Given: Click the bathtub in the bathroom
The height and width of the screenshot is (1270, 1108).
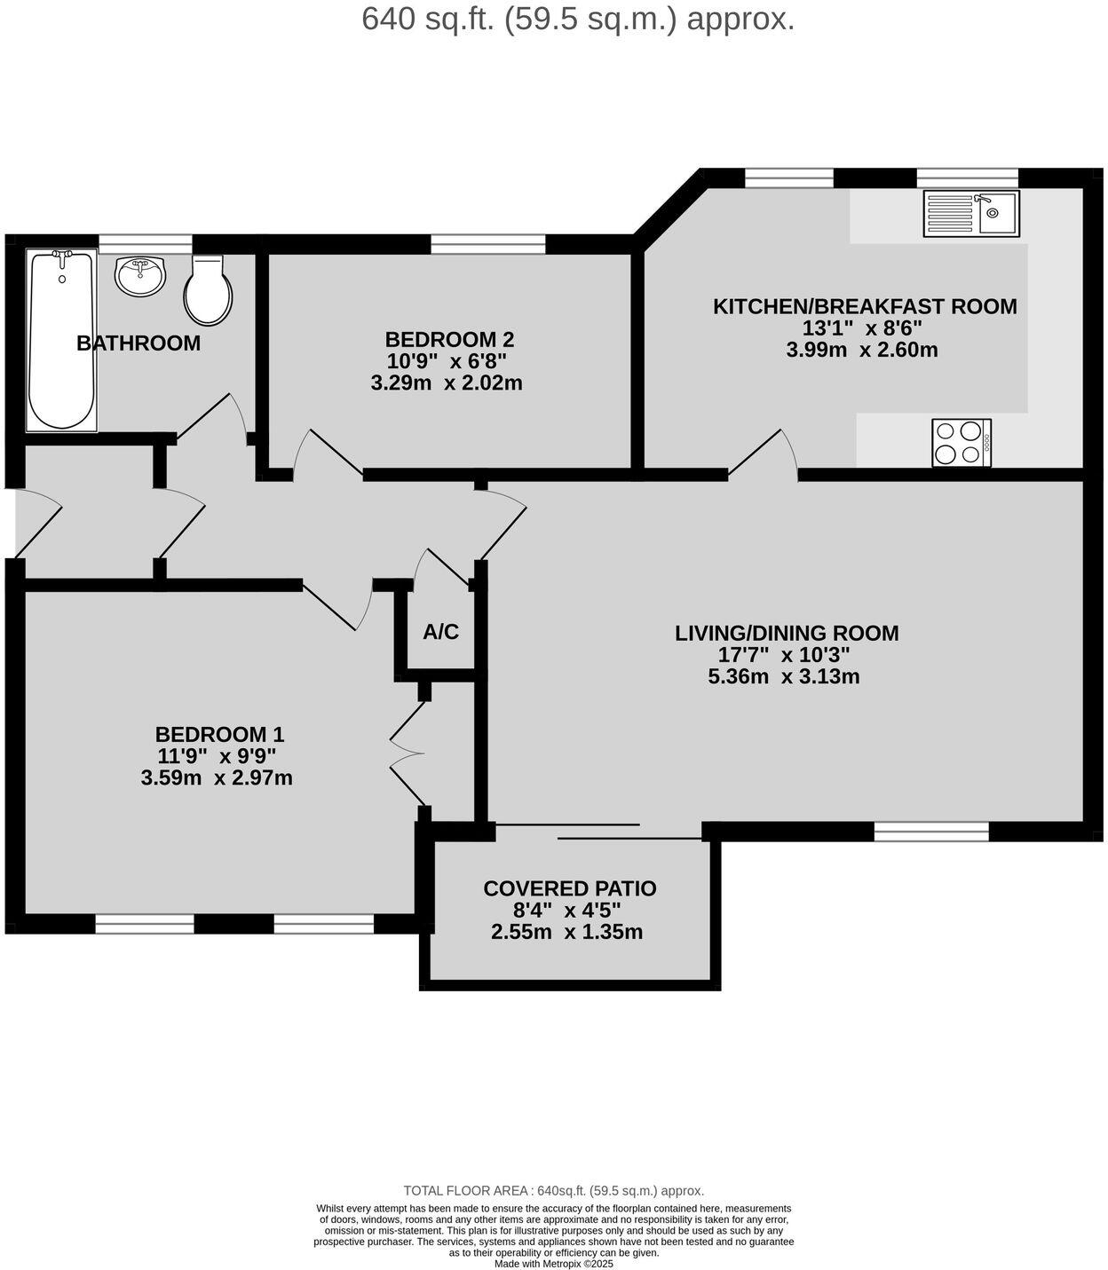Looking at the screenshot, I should (x=61, y=340).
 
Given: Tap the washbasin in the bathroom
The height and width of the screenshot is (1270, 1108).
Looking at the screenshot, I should (x=140, y=276).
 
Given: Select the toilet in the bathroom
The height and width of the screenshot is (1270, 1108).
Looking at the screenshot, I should (x=208, y=290).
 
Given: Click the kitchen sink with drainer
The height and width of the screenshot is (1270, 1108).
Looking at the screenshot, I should (x=970, y=213).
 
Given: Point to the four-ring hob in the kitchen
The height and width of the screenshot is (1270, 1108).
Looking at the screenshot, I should (x=962, y=442).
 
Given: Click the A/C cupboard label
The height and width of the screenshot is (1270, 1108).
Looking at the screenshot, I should (x=441, y=632).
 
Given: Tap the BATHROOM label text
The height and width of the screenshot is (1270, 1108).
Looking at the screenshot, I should (x=138, y=343).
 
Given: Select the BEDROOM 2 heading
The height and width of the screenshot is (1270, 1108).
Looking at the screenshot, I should (x=449, y=339).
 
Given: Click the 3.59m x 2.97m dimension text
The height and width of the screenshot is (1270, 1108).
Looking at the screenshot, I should (x=217, y=778).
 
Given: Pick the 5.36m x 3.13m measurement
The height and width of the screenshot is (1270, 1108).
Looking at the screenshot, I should (x=784, y=677).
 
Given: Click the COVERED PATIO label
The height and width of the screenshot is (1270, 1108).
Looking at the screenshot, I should (x=569, y=888).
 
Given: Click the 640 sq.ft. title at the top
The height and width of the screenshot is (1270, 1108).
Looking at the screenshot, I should (x=578, y=19).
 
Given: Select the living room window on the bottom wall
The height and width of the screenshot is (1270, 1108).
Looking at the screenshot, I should (x=931, y=832).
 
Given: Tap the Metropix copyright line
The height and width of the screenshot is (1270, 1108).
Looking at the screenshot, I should (x=553, y=1264).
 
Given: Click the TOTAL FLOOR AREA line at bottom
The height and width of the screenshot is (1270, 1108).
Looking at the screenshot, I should (x=553, y=1191).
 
